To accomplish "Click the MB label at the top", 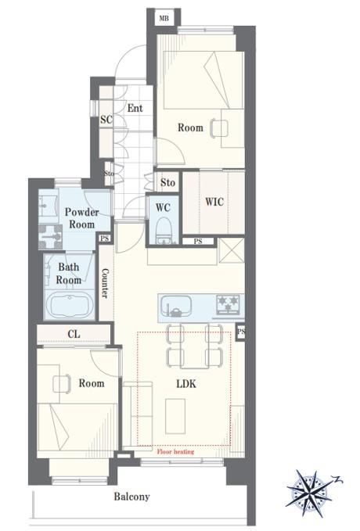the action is pos(164,18).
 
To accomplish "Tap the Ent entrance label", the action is pos(135,109).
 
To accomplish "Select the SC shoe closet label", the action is pos(106,119).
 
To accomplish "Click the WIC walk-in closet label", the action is pos(214,203).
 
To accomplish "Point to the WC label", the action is pos(163,207).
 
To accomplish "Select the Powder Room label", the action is pos(81,218).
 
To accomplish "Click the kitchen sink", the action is pos(175,306).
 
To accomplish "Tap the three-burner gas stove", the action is pos(229,303).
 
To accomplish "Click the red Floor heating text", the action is pos(175,451).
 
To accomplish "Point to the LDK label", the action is pos(186,384).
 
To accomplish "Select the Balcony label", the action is pos(131,497).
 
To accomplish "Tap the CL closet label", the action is pos(74,334).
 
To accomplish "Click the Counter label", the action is pos(106,283).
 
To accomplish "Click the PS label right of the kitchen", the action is pos(241,332).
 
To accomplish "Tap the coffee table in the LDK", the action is pos(175,416).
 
